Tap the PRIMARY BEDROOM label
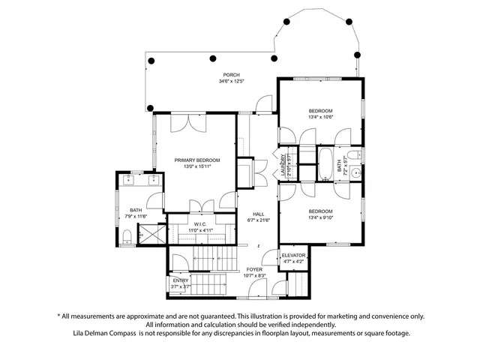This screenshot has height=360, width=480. pos(197,160)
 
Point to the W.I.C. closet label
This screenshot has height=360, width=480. pos(199,223)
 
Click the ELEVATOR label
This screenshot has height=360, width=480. pos(293,256)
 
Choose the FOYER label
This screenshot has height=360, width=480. pos(255,269)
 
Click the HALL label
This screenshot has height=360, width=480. pos(258,214)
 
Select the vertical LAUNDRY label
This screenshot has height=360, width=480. pos(285,163)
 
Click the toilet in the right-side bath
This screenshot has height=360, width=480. pos(359,155)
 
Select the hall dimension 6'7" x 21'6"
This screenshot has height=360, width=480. pos(258,220)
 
